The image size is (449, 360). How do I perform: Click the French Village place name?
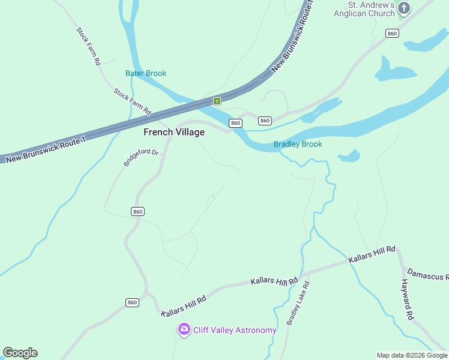click(x=173, y=132)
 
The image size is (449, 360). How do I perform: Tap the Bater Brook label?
click(x=146, y=73)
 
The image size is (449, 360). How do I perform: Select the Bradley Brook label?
click(x=298, y=144)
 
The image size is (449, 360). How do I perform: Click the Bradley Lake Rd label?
click(x=298, y=303)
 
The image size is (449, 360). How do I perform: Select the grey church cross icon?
click(x=404, y=8)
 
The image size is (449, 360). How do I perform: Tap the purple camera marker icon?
click(x=184, y=329)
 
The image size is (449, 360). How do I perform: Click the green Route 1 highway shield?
click(x=217, y=101)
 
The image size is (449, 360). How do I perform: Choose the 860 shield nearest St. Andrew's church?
click(x=393, y=34)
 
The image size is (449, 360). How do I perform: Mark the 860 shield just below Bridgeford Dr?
click(x=137, y=212)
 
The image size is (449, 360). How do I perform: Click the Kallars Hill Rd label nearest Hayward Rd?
click(x=372, y=254)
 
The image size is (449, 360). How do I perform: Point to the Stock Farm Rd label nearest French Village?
click(x=133, y=101)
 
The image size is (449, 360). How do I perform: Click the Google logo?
click(x=20, y=353)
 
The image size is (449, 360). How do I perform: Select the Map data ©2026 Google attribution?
click(x=412, y=355)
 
